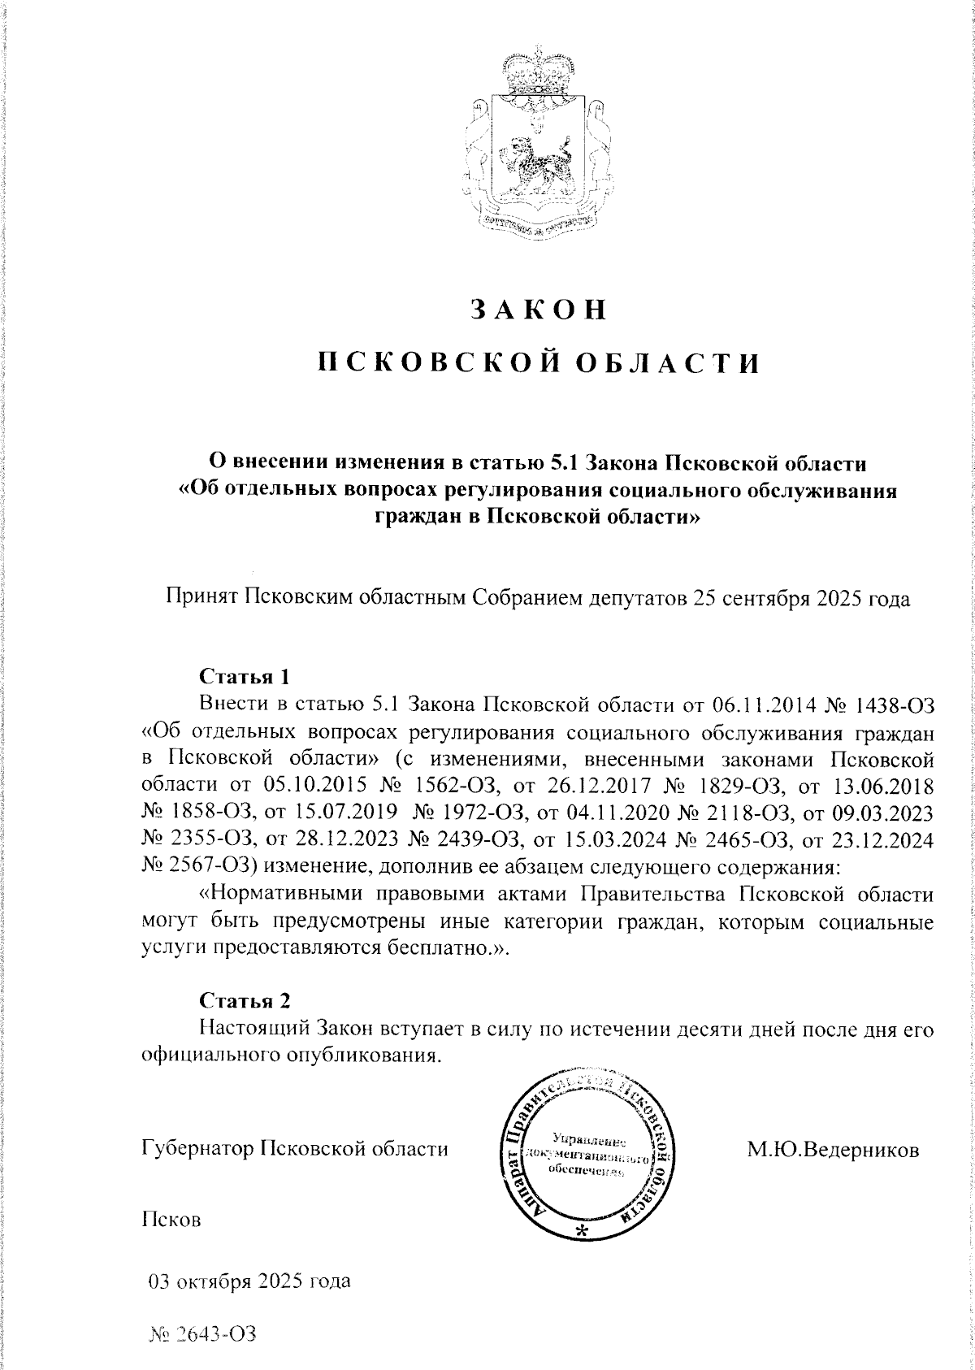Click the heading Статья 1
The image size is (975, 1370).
244,676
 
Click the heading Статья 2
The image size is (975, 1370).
244,999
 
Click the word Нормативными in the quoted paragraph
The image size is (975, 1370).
287,895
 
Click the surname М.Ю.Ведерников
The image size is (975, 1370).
834,1150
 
